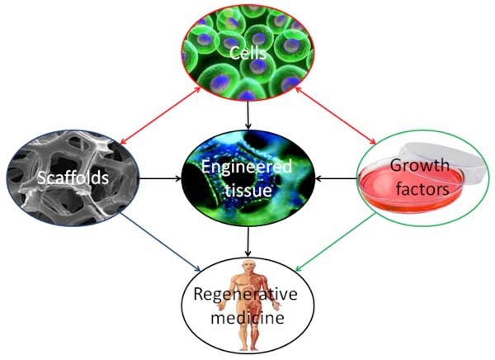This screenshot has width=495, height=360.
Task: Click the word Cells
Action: click(x=247, y=53)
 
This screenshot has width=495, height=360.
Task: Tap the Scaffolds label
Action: click(x=73, y=178)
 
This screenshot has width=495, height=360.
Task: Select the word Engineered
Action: click(x=247, y=168)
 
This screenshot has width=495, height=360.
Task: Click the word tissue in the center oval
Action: click(x=248, y=190)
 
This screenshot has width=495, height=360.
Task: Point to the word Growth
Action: click(x=420, y=165)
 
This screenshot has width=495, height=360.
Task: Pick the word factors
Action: click(x=422, y=189)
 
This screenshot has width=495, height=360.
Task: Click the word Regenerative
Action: click(x=245, y=294)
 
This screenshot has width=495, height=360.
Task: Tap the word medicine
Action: click(x=247, y=317)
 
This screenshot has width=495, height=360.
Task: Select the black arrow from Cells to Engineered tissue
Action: click(x=248, y=115)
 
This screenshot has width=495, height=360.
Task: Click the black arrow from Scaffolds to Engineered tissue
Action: click(x=160, y=179)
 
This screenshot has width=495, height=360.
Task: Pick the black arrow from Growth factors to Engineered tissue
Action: click(x=336, y=179)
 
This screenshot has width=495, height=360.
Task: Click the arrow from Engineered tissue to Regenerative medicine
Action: click(x=248, y=242)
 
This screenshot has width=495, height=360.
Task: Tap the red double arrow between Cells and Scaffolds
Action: click(x=160, y=116)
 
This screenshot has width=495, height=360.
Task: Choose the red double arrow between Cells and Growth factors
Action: click(x=336, y=116)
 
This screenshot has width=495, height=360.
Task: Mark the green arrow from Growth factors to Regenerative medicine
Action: click(x=336, y=242)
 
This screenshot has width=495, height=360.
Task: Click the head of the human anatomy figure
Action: click(x=250, y=267)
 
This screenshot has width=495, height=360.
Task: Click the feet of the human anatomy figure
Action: click(x=249, y=348)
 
